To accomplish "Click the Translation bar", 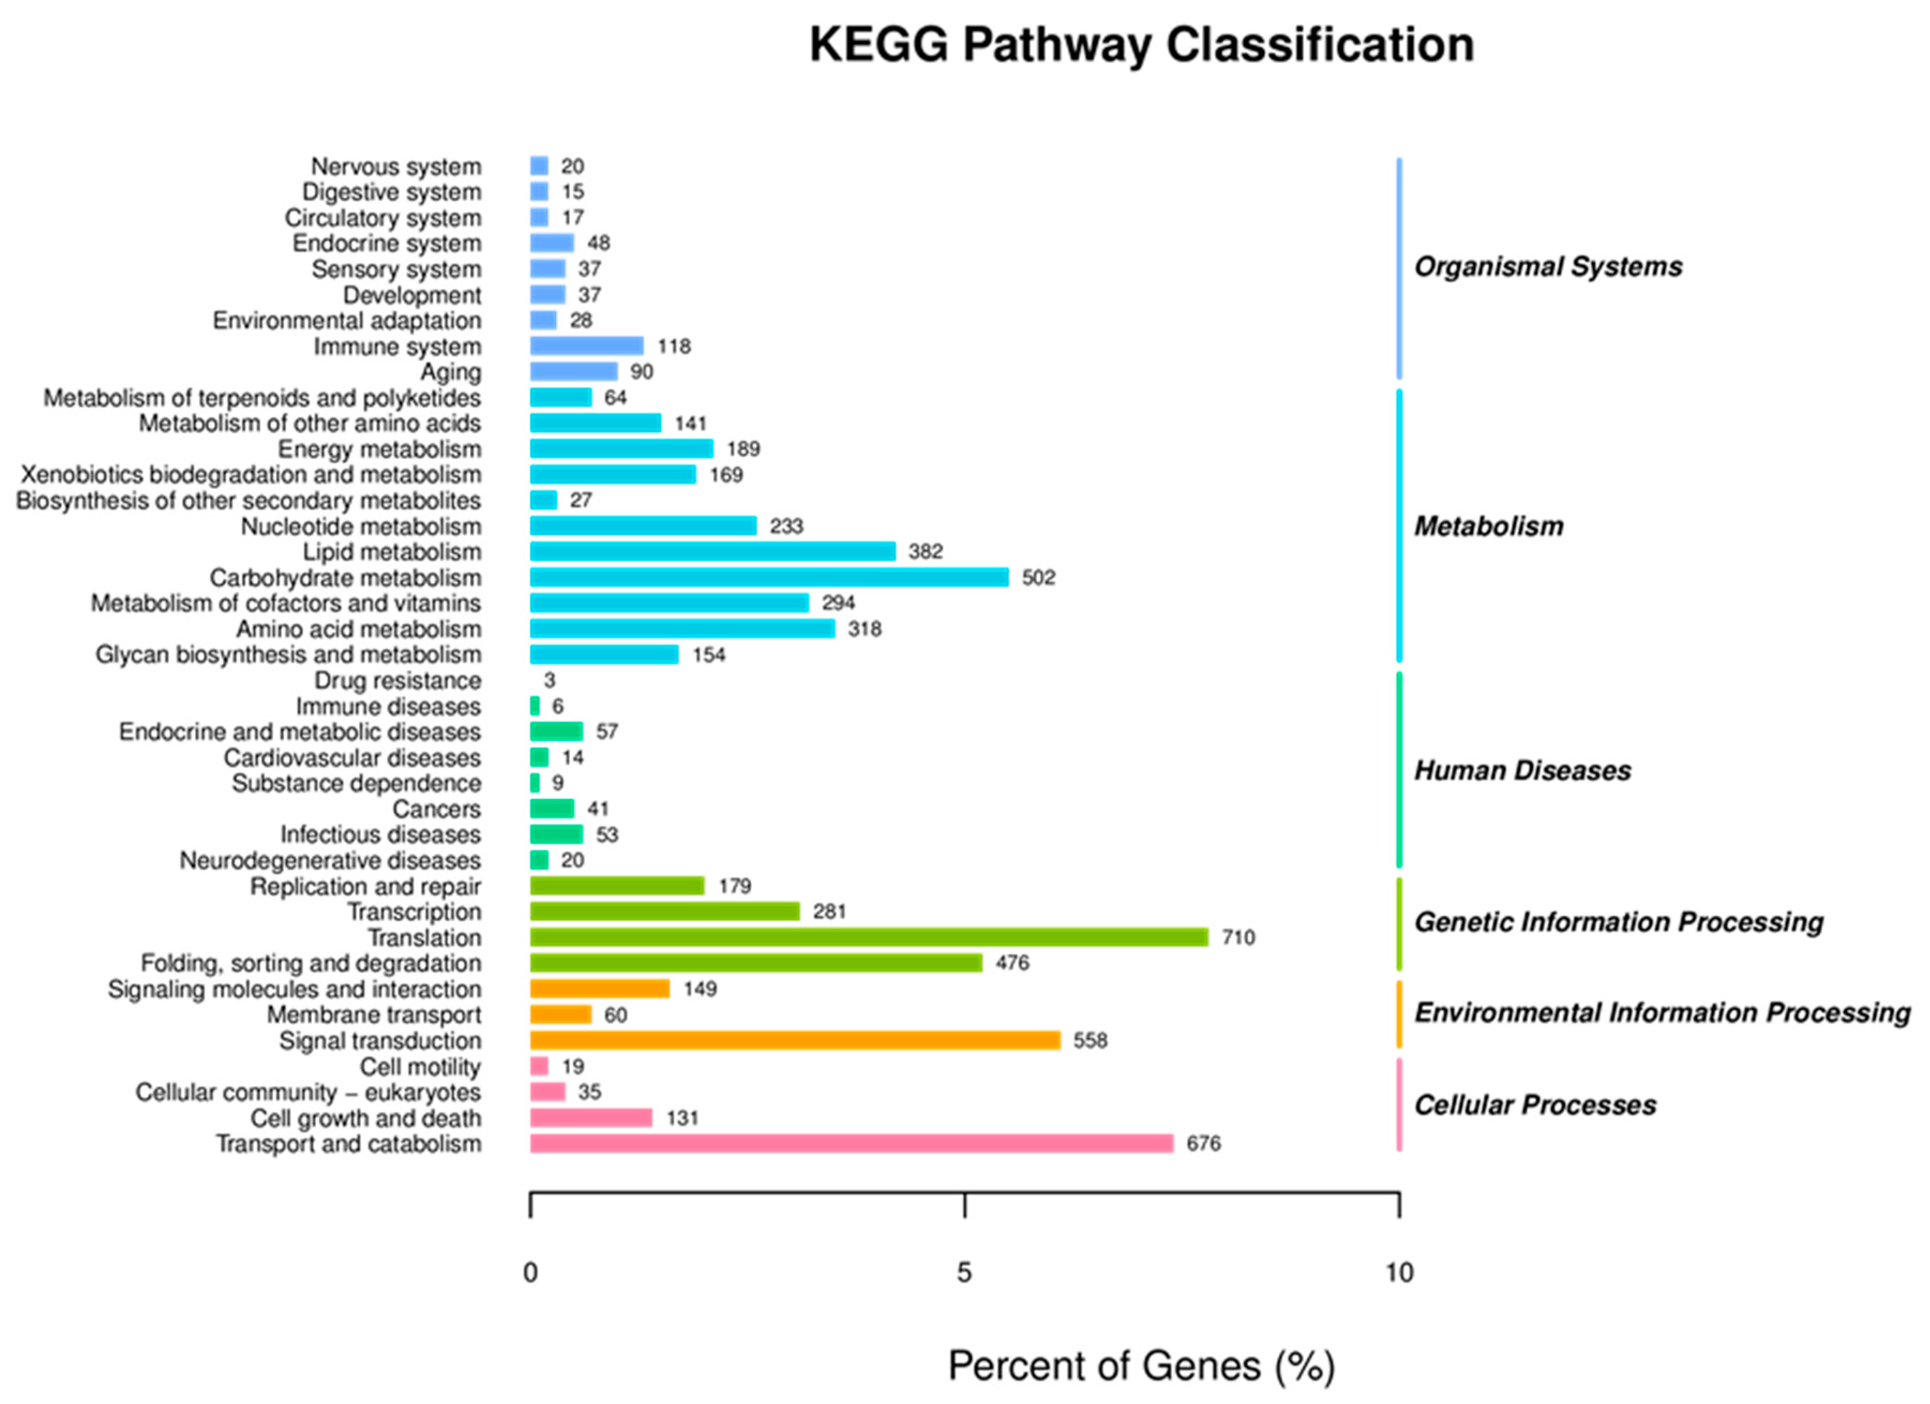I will [868, 937].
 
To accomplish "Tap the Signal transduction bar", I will [795, 1040].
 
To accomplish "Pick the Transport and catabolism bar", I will [851, 1143].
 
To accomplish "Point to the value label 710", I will [1238, 937].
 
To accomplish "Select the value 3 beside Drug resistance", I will [550, 680].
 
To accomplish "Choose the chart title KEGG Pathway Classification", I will [1141, 44].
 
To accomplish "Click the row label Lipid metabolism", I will [392, 552].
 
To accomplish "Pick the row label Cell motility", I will [420, 1066].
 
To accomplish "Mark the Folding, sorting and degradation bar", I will [756, 962].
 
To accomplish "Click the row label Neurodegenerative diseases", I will [330, 860].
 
